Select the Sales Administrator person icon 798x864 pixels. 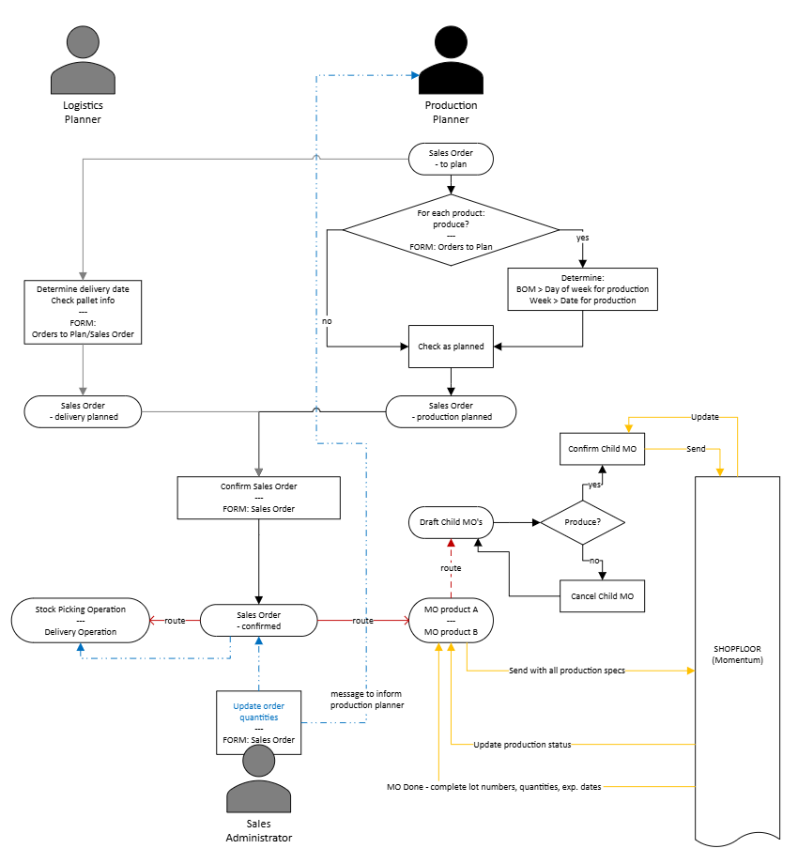pyautogui.click(x=263, y=779)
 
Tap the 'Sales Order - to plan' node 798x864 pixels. pyautogui.click(x=451, y=158)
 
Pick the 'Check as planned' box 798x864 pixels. pyautogui.click(x=451, y=347)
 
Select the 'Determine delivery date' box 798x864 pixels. pyautogui.click(x=83, y=312)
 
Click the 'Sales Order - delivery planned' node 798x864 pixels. pyautogui.click(x=83, y=409)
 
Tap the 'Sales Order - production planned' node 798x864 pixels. pyautogui.click(x=451, y=410)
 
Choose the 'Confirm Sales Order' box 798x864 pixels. pyautogui.click(x=257, y=497)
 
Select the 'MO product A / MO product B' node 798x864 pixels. pyautogui.click(x=451, y=620)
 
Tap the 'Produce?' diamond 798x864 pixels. pyautogui.click(x=582, y=520)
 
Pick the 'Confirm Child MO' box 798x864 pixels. pyautogui.click(x=602, y=449)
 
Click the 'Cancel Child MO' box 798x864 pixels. pyautogui.click(x=602, y=595)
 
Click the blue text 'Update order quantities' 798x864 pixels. pyautogui.click(x=258, y=711)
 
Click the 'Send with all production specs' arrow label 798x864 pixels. pyautogui.click(x=567, y=671)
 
